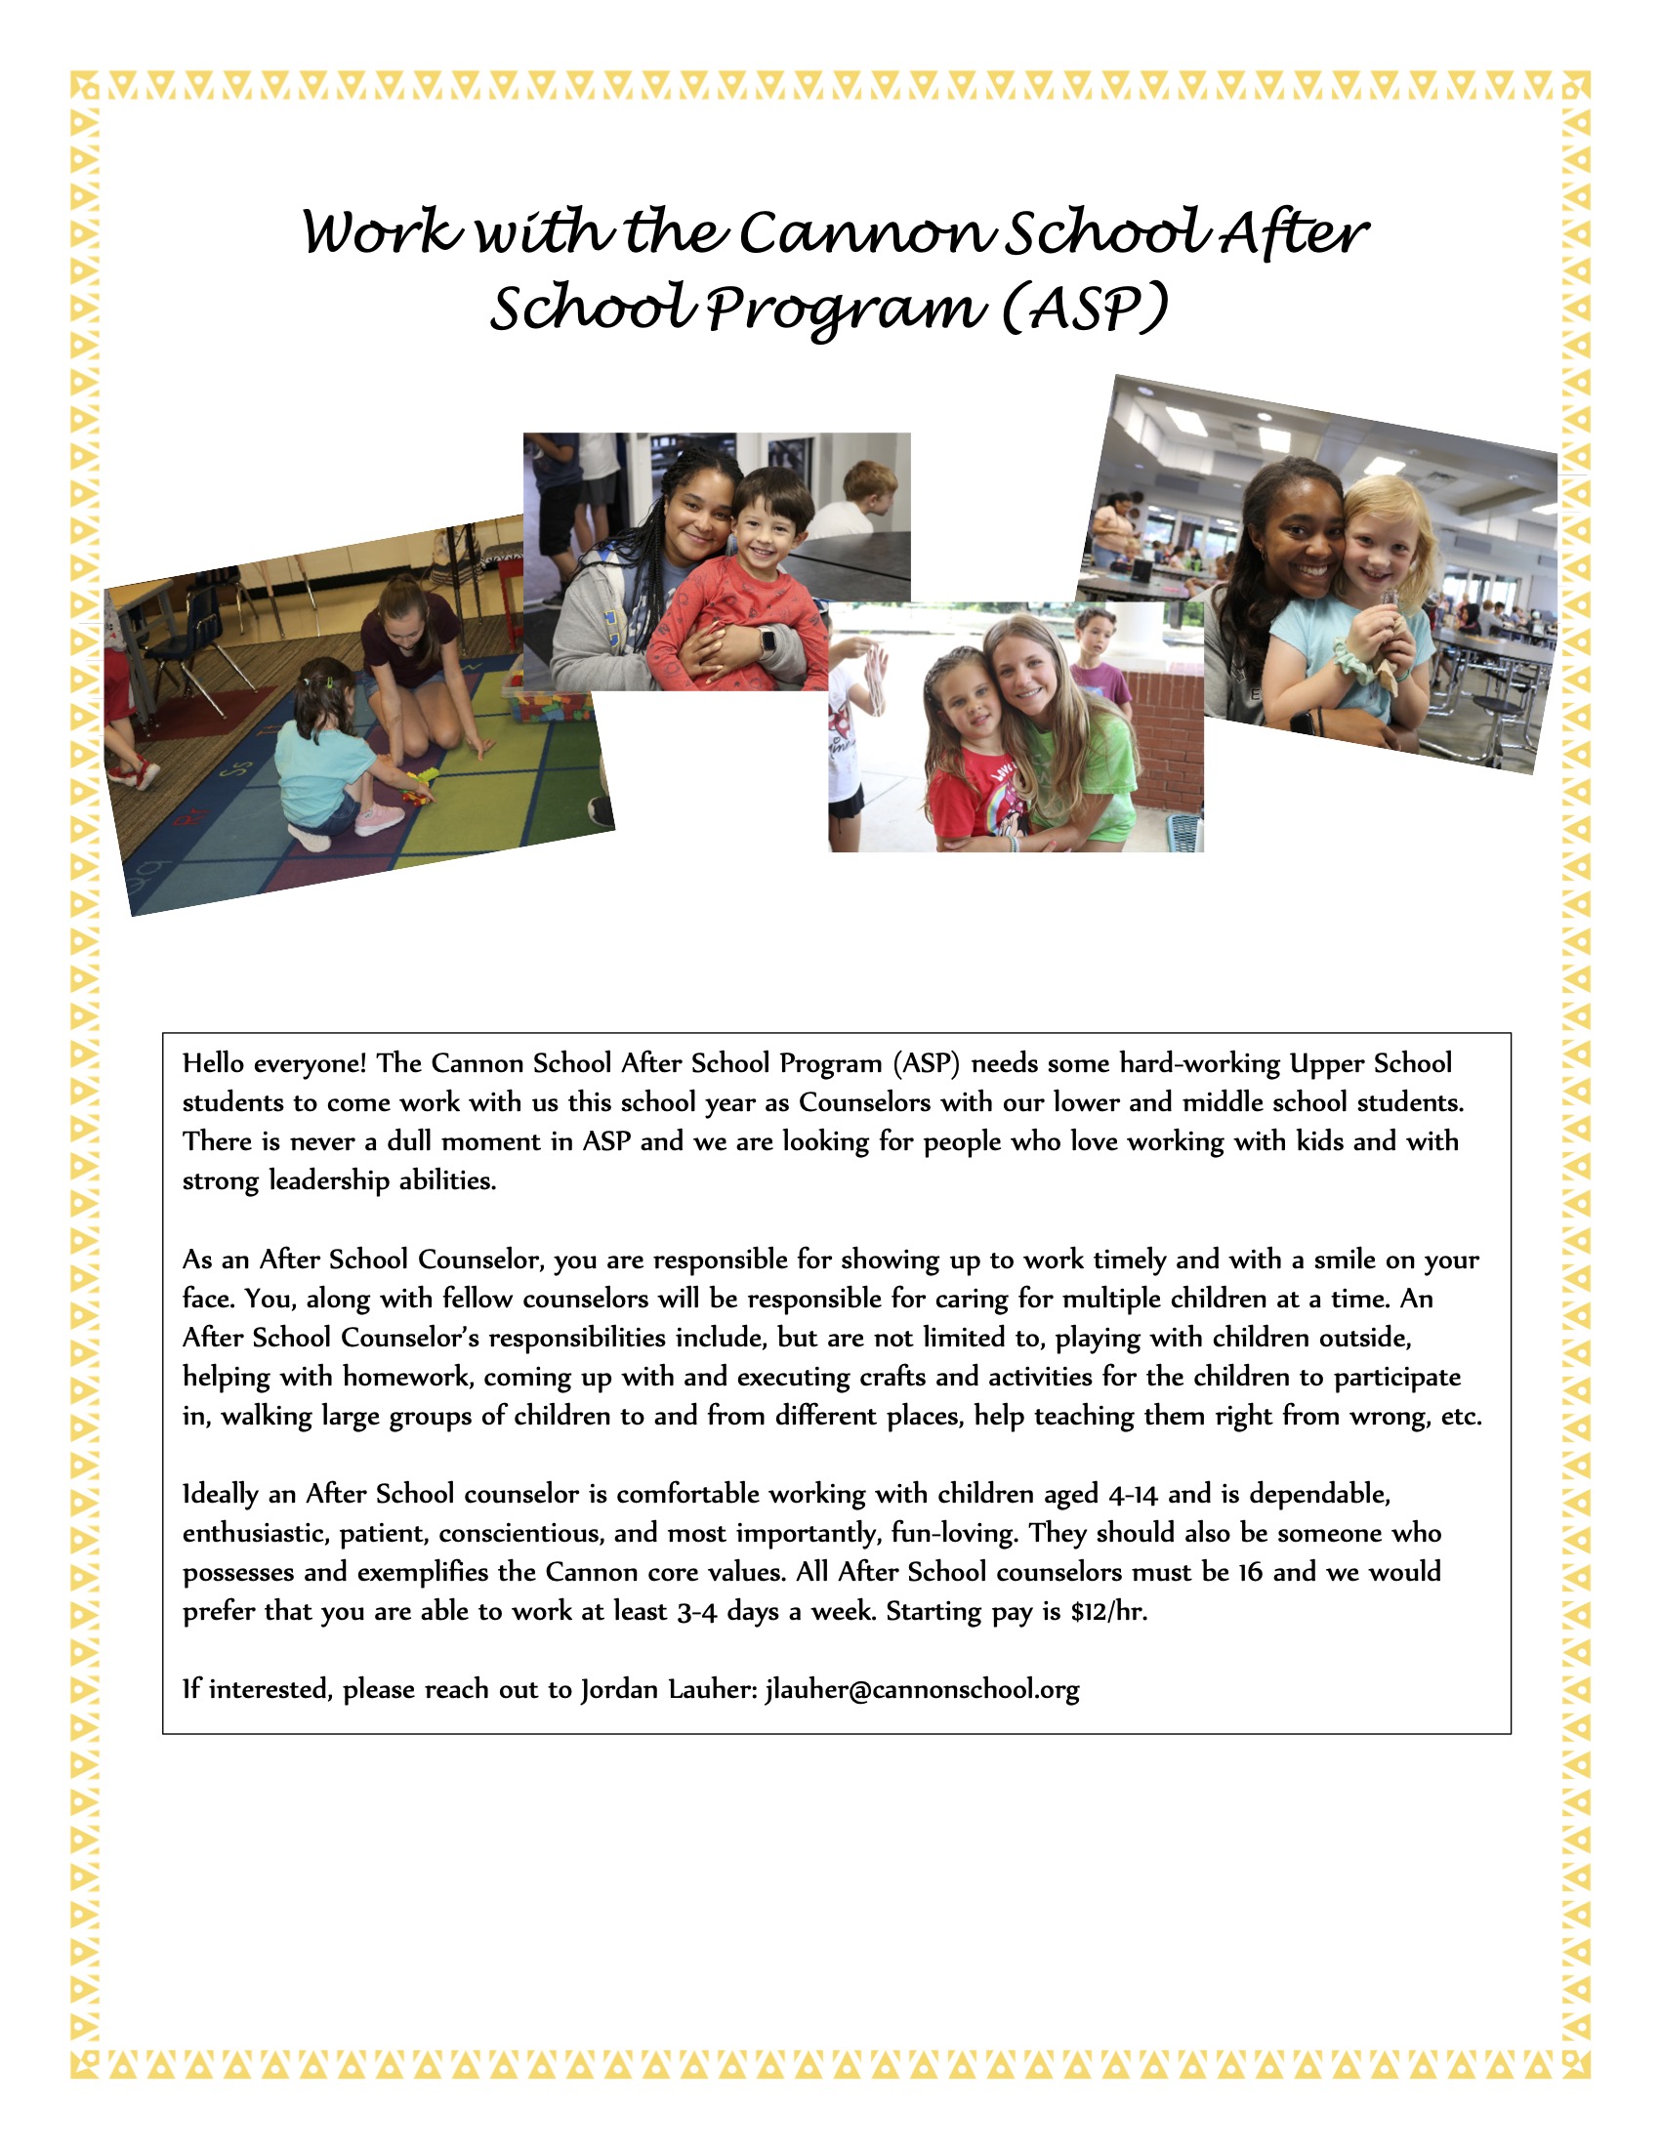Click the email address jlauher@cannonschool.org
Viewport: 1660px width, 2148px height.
(922, 1690)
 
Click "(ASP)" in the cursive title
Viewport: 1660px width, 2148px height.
(1085, 309)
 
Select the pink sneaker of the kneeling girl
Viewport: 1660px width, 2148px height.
(379, 818)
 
